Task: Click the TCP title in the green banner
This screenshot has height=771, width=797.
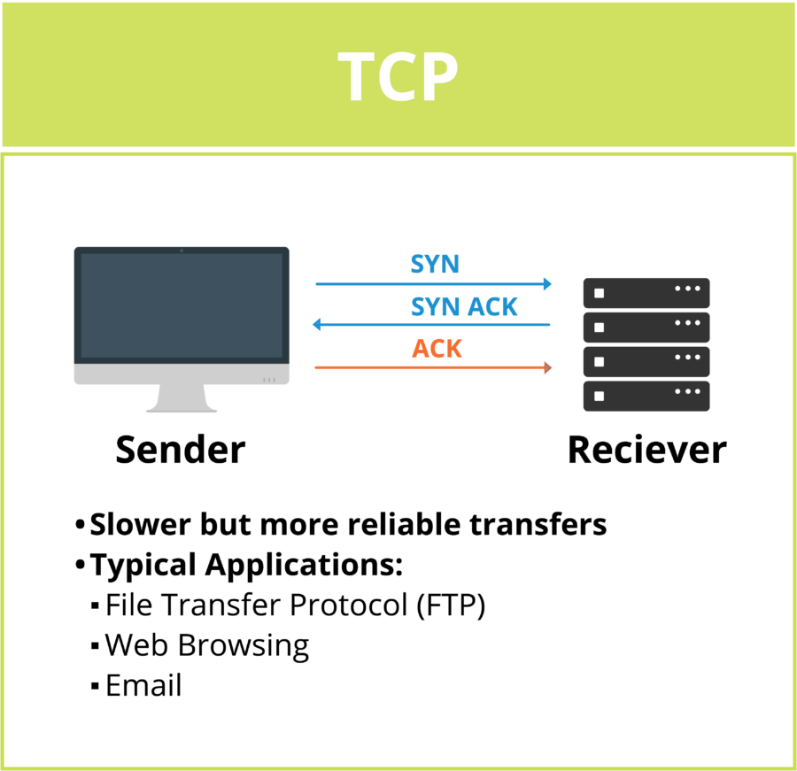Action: point(398,76)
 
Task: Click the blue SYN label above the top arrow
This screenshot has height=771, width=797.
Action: point(435,264)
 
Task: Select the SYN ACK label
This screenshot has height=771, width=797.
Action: point(464,306)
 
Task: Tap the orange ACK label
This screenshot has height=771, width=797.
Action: point(437,349)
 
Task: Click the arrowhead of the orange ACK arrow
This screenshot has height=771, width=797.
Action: point(547,366)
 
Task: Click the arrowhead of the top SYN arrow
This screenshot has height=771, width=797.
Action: point(547,284)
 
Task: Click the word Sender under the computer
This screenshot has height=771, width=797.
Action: point(180,450)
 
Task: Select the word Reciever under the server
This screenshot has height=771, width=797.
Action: point(646,450)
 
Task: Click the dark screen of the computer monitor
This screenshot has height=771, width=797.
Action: point(182,305)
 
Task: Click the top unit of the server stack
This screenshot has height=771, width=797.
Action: point(646,292)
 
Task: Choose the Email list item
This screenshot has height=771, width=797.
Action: point(143,686)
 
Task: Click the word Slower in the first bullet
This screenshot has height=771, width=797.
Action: point(140,524)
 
